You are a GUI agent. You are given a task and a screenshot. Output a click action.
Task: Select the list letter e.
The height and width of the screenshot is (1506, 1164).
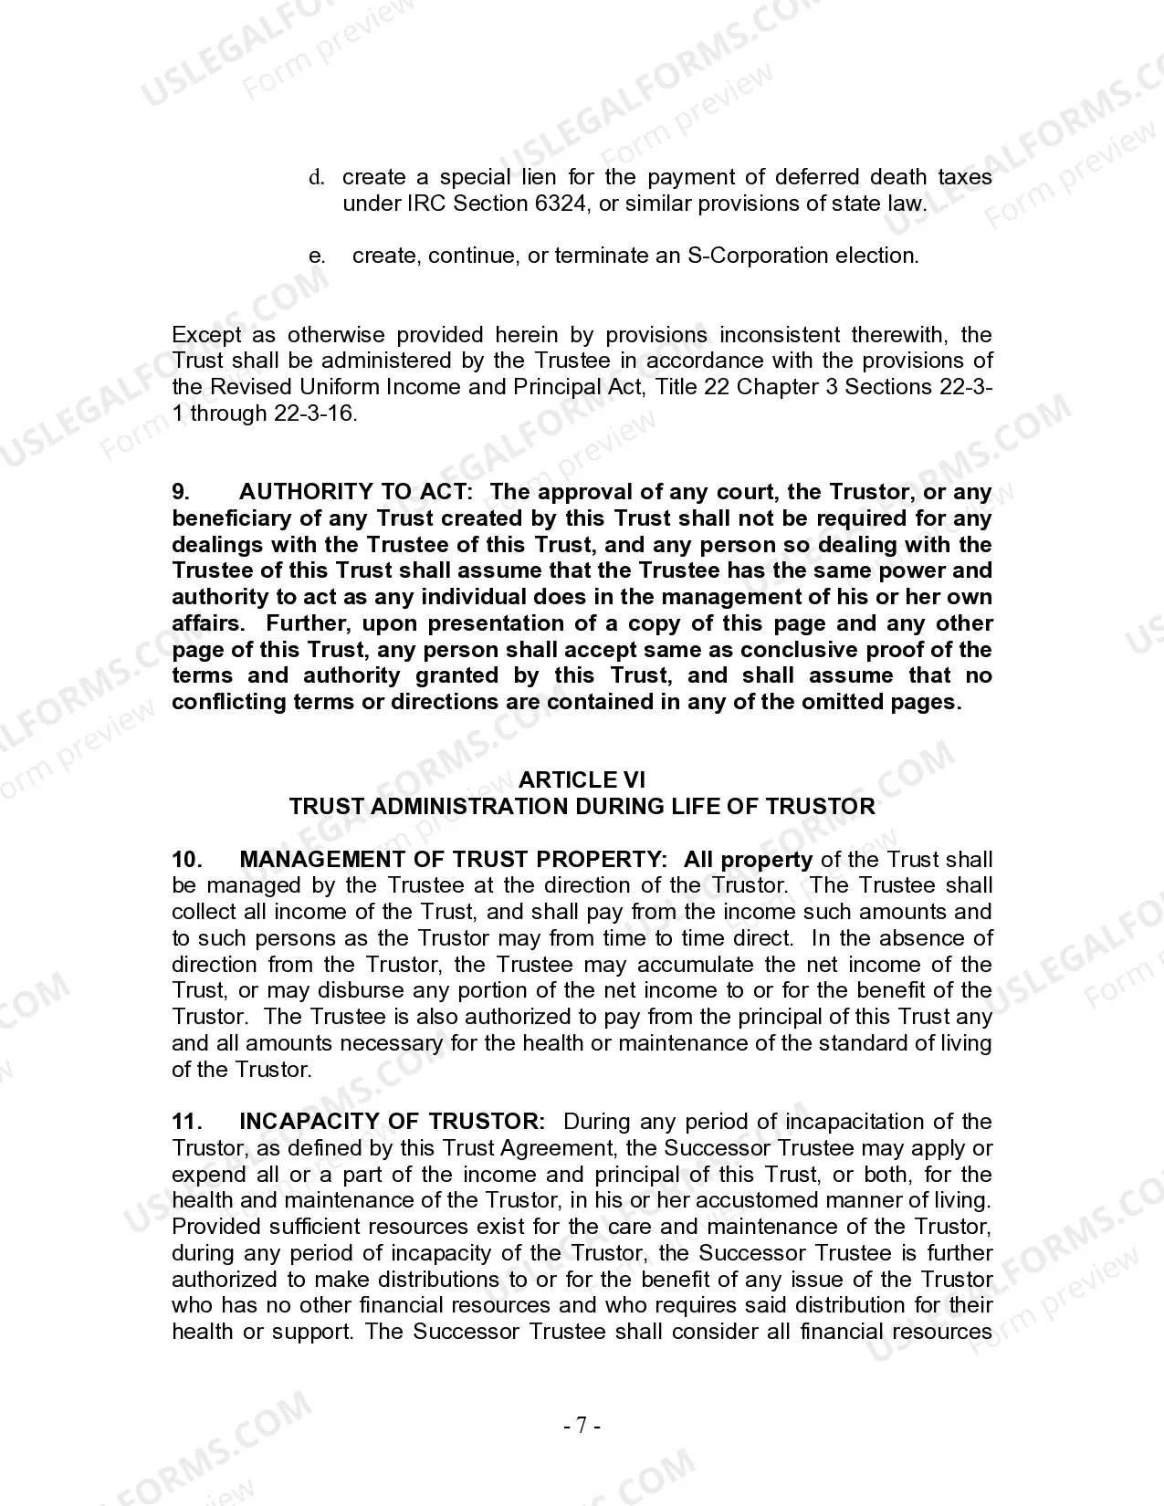(317, 256)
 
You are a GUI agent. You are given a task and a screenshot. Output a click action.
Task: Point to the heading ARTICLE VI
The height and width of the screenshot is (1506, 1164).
(582, 779)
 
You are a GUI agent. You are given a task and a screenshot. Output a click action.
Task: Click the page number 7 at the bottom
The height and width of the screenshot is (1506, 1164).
(582, 1426)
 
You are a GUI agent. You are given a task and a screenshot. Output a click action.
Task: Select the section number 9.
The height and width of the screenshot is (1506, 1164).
(181, 492)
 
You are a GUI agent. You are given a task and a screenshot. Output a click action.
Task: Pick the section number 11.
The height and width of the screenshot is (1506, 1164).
(185, 1122)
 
